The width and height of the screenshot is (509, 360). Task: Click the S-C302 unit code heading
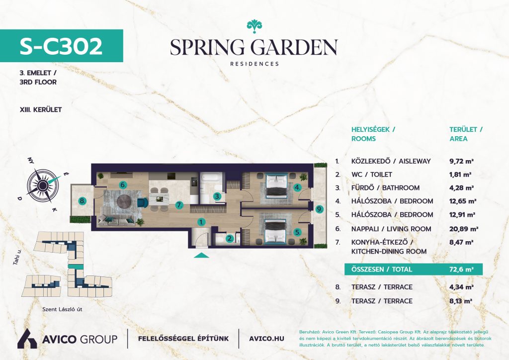(61, 46)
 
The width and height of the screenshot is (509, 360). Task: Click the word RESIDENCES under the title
(254, 64)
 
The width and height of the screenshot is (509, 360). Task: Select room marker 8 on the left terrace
(83, 201)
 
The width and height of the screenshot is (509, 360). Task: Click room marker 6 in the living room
(123, 185)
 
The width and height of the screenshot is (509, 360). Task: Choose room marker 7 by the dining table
(179, 205)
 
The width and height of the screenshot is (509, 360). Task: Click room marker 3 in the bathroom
(218, 196)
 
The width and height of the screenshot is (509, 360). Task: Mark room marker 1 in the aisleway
(202, 222)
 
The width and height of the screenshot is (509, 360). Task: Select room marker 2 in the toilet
(230, 239)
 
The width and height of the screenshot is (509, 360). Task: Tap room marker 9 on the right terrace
(320, 209)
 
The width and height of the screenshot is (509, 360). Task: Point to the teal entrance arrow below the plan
(201, 255)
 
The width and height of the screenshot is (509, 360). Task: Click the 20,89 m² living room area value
(464, 229)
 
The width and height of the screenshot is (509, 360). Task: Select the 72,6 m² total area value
(461, 269)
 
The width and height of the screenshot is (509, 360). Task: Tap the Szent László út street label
(62, 309)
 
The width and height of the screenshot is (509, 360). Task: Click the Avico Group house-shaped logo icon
(27, 339)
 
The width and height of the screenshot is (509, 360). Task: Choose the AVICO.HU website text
(266, 339)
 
